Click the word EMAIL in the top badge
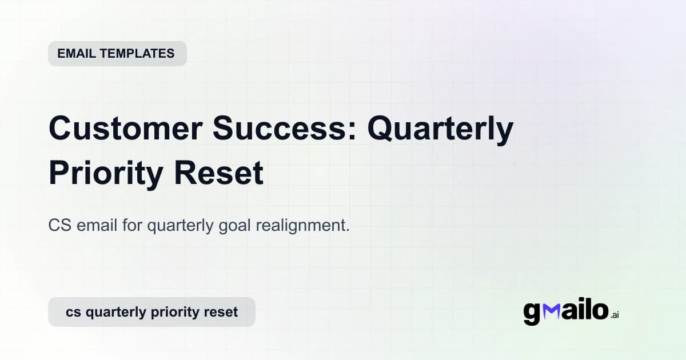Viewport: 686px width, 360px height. [x=76, y=54]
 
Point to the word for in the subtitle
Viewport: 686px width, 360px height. [x=133, y=226]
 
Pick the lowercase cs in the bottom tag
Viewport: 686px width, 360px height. [x=73, y=313]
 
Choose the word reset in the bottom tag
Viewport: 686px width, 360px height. [x=220, y=313]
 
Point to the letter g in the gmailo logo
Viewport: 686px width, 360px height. [x=531, y=313]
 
